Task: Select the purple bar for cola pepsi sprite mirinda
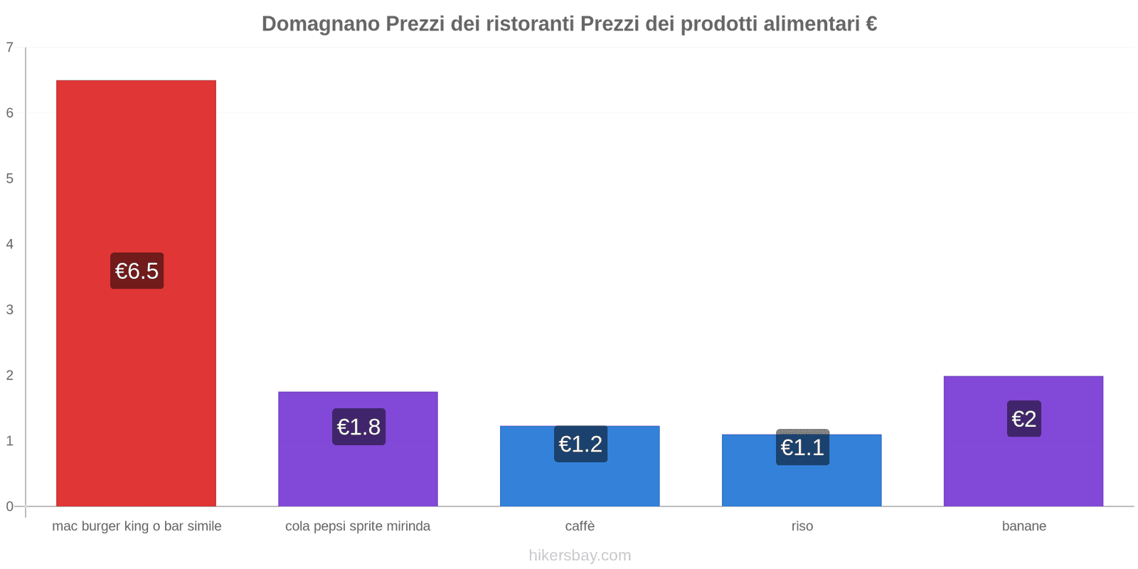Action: (x=358, y=469)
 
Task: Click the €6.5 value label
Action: (x=137, y=271)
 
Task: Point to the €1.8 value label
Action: (x=358, y=427)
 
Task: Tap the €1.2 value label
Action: (x=580, y=444)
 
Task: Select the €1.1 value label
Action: (x=802, y=447)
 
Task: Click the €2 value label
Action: (x=1023, y=419)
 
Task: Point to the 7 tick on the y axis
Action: (x=10, y=48)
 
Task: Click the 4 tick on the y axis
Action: (x=10, y=244)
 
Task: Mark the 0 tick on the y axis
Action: (x=10, y=506)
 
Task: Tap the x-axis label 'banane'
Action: (x=1023, y=526)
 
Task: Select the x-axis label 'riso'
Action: (x=802, y=526)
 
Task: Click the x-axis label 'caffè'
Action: (x=580, y=526)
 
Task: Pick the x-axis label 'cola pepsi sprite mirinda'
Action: (x=358, y=526)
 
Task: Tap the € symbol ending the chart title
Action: (x=871, y=24)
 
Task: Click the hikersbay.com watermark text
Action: (x=580, y=555)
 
